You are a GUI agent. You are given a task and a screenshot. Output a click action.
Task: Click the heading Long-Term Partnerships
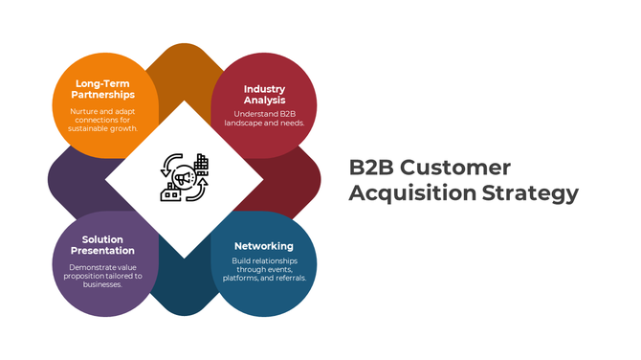point(104,88)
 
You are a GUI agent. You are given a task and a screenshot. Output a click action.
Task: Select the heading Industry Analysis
point(264,95)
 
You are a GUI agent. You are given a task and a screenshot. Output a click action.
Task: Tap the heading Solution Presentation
point(102,245)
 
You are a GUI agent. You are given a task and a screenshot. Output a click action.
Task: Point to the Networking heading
point(263,246)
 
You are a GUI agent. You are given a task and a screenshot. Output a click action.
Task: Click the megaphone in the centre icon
point(183,178)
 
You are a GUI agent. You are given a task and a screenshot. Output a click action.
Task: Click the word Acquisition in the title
point(401,193)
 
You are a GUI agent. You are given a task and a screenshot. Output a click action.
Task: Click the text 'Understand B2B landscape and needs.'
point(263,119)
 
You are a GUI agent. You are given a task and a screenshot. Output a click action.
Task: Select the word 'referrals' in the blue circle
point(286,278)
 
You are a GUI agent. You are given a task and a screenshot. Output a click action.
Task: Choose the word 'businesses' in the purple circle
point(102,284)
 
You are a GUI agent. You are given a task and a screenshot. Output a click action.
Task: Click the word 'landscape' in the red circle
point(246,124)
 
